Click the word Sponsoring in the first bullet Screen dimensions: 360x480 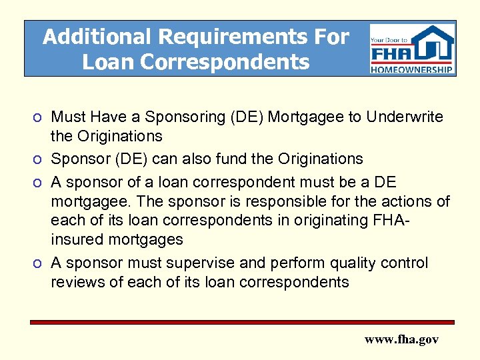tap(178, 117)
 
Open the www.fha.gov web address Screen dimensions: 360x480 tap(401, 339)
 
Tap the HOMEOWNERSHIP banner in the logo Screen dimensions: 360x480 tap(412, 69)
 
